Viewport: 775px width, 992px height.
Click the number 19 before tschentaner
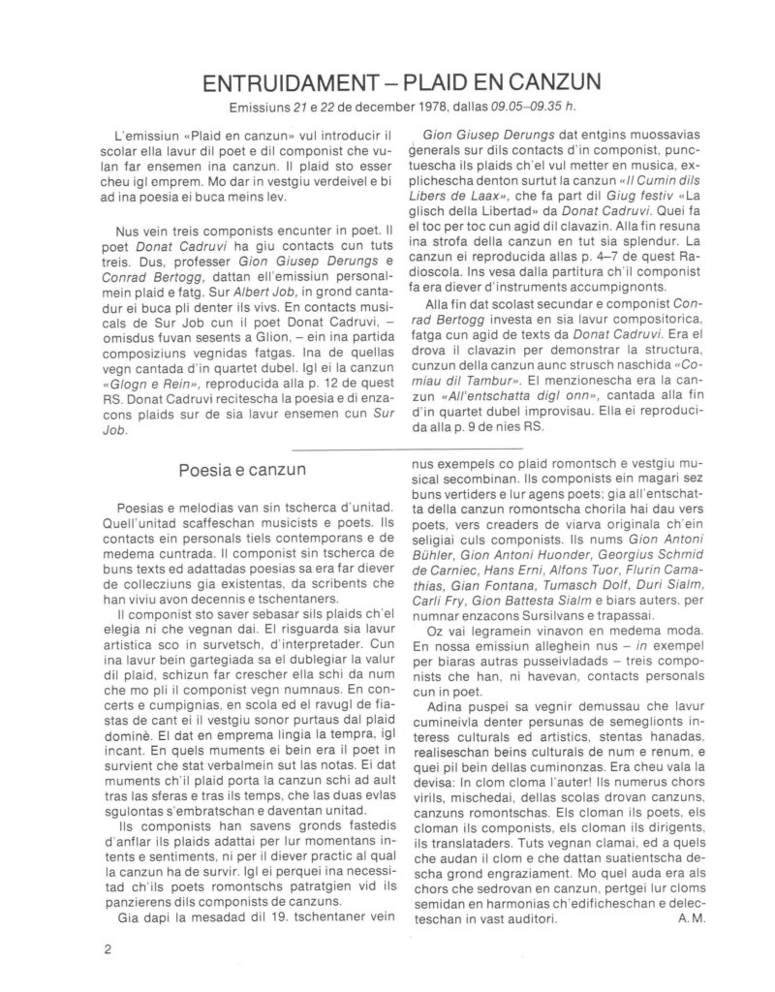255,914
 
